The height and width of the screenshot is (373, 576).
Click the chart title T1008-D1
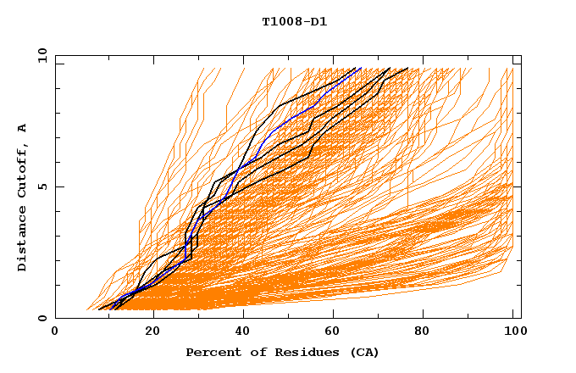pyautogui.click(x=294, y=21)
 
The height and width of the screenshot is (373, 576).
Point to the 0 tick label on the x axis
pyautogui.click(x=55, y=331)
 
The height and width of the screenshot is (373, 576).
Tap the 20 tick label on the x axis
pyautogui.click(x=152, y=331)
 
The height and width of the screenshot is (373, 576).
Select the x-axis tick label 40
pyautogui.click(x=244, y=331)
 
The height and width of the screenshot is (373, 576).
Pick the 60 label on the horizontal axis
pyautogui.click(x=335, y=331)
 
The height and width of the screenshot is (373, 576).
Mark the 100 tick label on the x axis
pyautogui.click(x=517, y=331)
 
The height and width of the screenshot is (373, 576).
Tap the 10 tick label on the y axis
pyautogui.click(x=40, y=56)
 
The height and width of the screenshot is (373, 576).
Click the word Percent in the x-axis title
pyautogui.click(x=209, y=352)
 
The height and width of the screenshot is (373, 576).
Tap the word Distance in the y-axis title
pyautogui.click(x=22, y=242)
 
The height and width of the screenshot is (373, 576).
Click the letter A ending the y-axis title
pyautogui.click(x=22, y=128)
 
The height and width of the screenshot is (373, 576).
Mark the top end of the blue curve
pyautogui.click(x=361, y=68)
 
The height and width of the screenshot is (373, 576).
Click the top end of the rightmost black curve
pyautogui.click(x=407, y=68)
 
